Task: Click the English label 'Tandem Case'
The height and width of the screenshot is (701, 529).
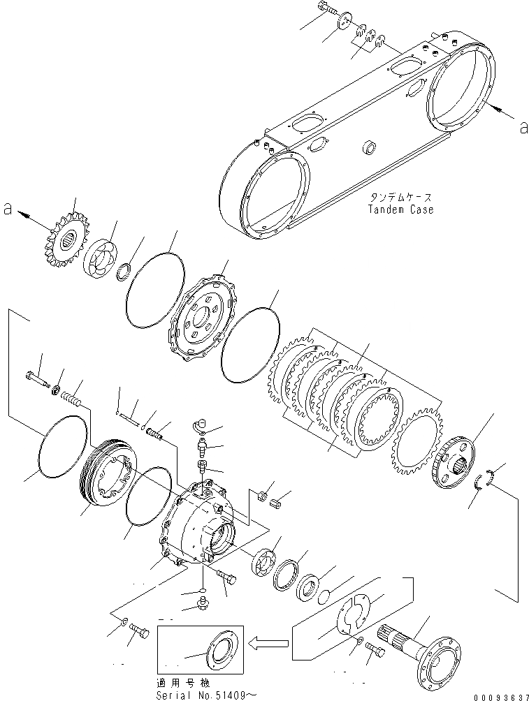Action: (x=401, y=209)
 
